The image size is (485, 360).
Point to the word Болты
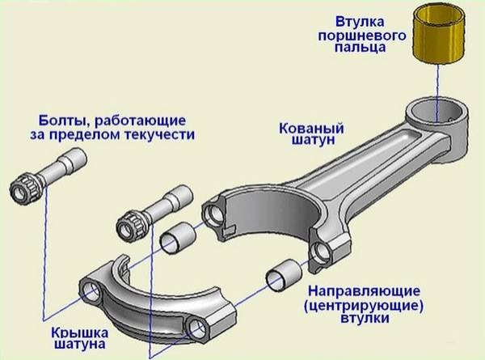(62, 117)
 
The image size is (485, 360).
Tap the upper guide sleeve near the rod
(179, 237)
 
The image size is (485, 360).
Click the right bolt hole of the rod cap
(199, 327)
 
